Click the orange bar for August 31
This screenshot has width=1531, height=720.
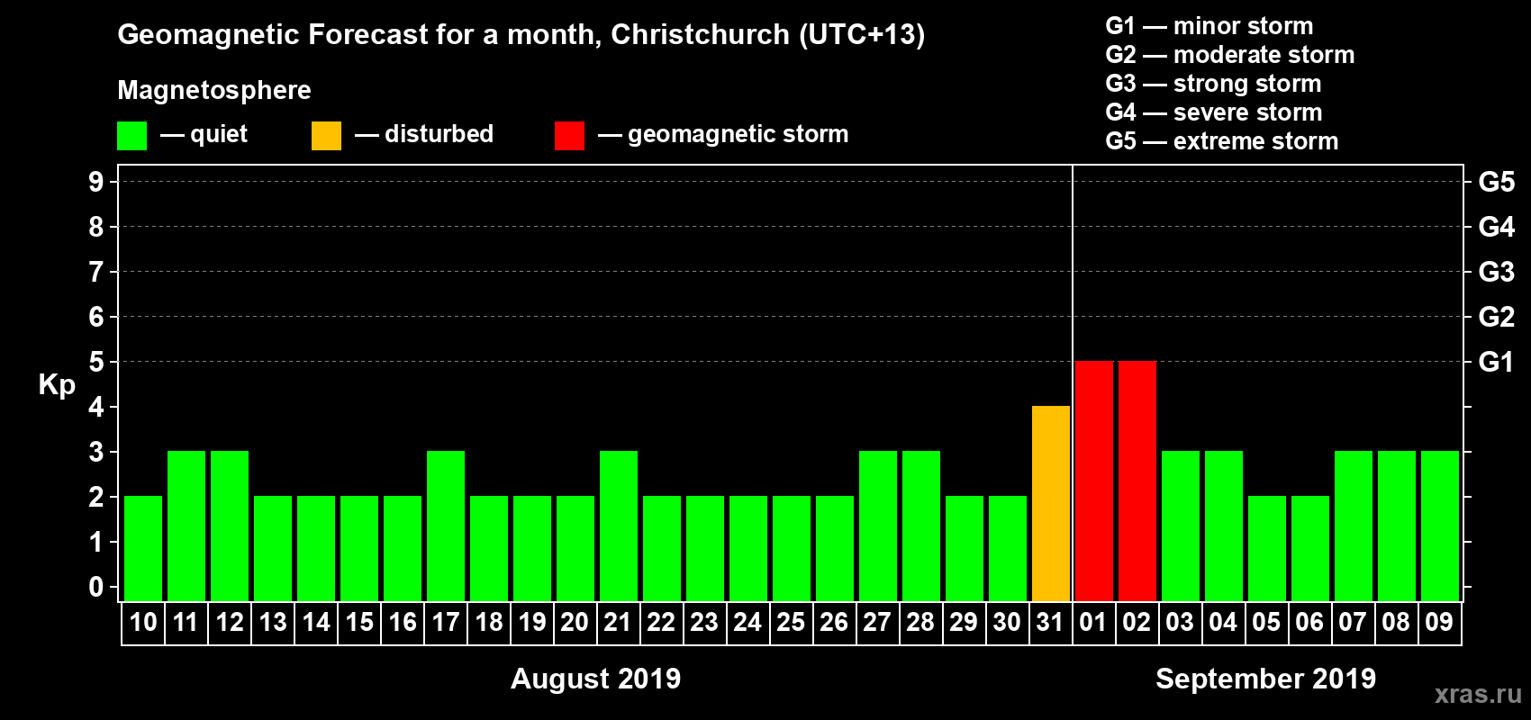(1051, 503)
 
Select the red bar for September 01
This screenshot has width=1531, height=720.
(1094, 481)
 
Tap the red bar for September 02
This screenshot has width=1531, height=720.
(1137, 481)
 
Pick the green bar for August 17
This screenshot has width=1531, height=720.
(446, 526)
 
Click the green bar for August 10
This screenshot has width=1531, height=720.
(143, 548)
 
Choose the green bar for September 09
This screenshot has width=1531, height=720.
(1440, 526)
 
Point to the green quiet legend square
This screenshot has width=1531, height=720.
(131, 136)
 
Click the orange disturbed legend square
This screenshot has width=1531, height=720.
(326, 136)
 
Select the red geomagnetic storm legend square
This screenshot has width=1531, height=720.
(569, 136)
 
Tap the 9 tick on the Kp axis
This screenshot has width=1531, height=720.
(96, 182)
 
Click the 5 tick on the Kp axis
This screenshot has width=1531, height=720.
(96, 362)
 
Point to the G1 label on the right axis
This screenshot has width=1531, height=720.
(1496, 362)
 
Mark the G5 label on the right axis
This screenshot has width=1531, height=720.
(1496, 182)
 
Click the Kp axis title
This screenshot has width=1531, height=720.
(57, 384)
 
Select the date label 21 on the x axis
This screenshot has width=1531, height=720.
(618, 622)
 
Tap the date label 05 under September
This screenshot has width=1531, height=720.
(1266, 622)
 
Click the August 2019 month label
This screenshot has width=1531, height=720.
(595, 679)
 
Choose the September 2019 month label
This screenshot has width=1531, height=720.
(1265, 679)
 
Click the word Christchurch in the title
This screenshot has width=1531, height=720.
(700, 34)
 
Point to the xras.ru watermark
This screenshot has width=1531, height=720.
(1478, 694)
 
